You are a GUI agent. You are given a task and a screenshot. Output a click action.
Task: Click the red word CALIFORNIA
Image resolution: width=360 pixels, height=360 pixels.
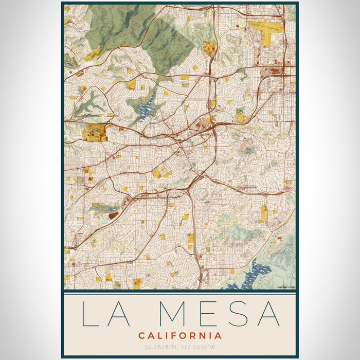(180, 335)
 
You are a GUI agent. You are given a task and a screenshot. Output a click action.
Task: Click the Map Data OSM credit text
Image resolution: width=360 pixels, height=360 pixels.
(285, 287)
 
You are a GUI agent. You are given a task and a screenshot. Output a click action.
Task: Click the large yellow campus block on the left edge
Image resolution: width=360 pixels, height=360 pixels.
(95, 132)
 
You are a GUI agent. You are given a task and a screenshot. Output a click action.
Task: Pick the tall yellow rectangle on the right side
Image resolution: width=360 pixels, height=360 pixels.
(264, 212)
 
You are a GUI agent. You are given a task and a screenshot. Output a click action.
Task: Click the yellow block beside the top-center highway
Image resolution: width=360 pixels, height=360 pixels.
(209, 48)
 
